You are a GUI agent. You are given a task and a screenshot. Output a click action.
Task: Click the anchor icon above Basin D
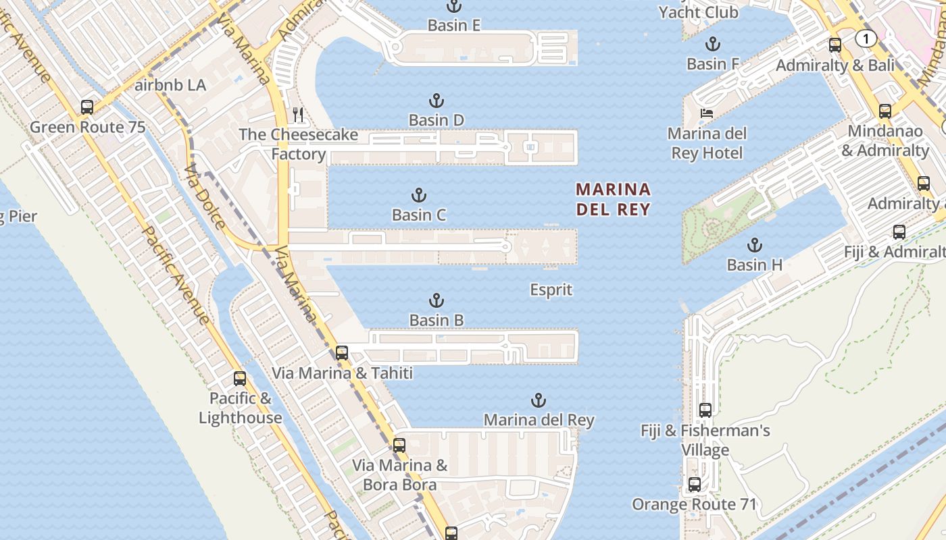click(437, 101)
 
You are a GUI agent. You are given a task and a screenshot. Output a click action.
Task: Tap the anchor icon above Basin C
click(419, 196)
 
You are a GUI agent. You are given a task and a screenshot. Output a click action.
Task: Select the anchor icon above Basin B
click(437, 300)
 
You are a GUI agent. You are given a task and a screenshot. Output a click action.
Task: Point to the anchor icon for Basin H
click(754, 245)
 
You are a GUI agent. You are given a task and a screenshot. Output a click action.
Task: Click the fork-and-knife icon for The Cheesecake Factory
click(298, 115)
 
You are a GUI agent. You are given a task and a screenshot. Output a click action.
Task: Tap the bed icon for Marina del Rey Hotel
click(706, 113)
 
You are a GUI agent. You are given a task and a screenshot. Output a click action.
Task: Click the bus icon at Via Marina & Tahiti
click(342, 352)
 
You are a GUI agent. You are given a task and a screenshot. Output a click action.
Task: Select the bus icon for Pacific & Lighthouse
click(240, 378)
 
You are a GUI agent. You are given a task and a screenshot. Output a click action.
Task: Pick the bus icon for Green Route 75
click(87, 107)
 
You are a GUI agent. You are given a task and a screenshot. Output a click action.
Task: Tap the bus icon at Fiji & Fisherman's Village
click(705, 410)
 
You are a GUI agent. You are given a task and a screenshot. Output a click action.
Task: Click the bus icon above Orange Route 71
click(695, 484)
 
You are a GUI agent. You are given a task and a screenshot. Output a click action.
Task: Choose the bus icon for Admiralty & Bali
click(835, 45)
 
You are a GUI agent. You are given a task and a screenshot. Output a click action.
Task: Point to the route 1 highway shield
click(866, 38)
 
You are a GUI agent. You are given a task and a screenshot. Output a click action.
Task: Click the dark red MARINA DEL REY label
click(613, 199)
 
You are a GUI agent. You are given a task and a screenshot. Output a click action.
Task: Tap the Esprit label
click(551, 290)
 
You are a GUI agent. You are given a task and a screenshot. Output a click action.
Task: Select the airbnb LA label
click(170, 86)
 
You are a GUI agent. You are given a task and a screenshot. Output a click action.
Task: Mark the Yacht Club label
click(698, 12)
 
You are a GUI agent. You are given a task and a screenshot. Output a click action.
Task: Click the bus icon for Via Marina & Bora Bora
click(399, 446)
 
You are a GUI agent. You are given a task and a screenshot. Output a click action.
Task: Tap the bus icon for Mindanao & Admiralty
click(885, 111)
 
